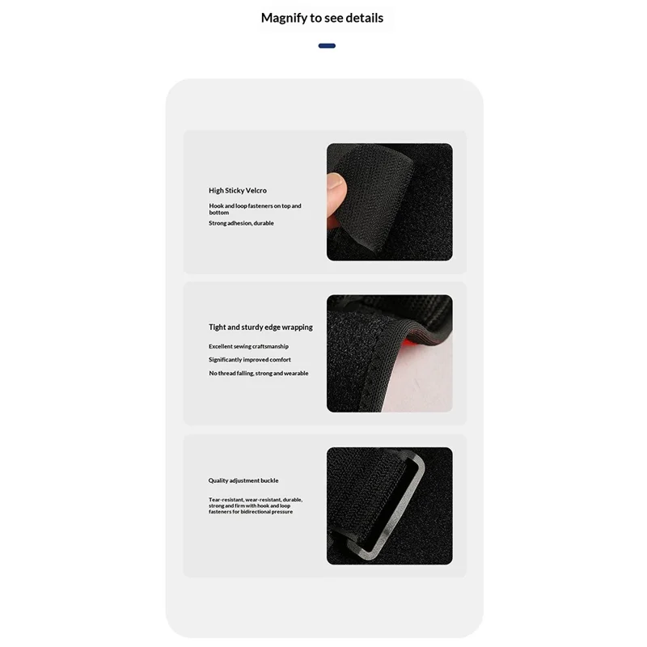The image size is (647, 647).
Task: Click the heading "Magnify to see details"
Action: (322, 18)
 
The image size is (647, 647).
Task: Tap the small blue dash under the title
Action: (327, 46)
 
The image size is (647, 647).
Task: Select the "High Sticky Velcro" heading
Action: (238, 191)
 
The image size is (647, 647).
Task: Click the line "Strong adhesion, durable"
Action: (241, 223)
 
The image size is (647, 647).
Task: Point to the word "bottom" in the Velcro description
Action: (218, 213)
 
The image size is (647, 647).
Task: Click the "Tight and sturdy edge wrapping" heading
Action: (260, 328)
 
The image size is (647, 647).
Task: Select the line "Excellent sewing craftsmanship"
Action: (248, 347)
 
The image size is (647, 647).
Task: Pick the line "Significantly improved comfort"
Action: (250, 360)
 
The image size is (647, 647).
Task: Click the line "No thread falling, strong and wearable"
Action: (258, 374)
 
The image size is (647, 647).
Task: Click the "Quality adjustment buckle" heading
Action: (243, 480)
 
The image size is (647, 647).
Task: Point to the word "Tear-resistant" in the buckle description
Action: (226, 500)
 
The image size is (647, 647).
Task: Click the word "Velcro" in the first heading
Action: (256, 191)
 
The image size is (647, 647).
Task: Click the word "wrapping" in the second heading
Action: (298, 328)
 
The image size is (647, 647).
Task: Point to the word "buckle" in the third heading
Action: (269, 480)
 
